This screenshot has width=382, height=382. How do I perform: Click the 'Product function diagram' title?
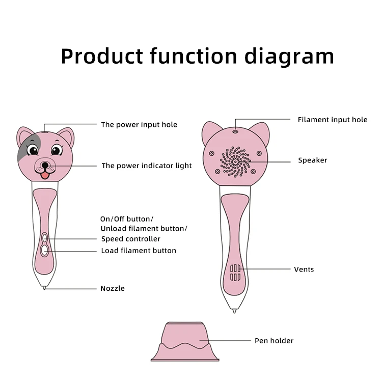point(197,56)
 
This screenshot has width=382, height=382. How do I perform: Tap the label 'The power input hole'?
point(139,124)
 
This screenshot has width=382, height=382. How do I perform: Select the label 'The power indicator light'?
point(147,166)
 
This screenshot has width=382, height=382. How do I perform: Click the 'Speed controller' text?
point(130,239)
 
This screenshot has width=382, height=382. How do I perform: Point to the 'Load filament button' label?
point(139,251)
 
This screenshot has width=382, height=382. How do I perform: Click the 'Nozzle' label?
point(113,288)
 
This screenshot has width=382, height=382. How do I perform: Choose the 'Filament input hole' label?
point(332,120)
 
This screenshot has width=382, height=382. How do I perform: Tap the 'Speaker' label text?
point(312,160)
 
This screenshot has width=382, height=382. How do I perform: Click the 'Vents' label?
point(304,269)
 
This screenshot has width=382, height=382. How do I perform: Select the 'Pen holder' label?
point(274,341)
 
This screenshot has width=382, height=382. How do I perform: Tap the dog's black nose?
point(45,166)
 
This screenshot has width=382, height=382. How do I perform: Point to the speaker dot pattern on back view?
point(235,161)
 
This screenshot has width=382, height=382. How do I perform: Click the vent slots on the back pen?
point(235,272)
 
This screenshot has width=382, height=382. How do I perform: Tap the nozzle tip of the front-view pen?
point(44,288)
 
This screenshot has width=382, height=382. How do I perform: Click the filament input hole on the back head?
point(235,131)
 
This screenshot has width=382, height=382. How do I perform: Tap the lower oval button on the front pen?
point(45,250)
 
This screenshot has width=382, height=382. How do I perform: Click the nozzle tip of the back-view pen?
point(234,310)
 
